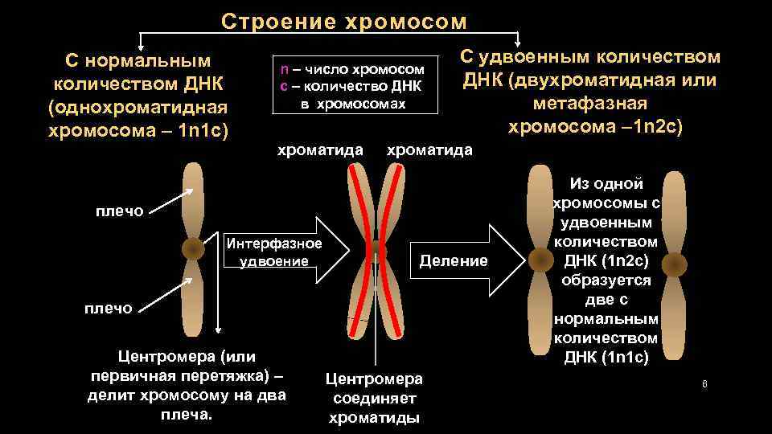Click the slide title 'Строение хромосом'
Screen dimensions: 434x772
(x=343, y=21)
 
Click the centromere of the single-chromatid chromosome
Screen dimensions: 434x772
(x=193, y=249)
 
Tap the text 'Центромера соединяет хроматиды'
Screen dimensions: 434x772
(x=374, y=398)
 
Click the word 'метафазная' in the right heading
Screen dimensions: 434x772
(x=590, y=104)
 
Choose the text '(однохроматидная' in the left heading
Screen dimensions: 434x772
(x=138, y=107)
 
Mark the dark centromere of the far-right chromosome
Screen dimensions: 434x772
(x=674, y=264)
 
